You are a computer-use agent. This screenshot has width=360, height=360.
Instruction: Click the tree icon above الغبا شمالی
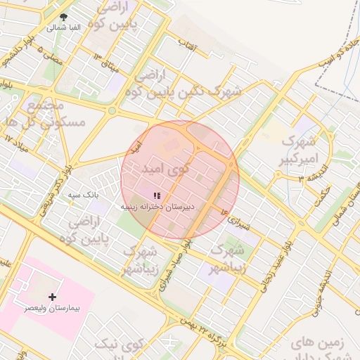(64, 17)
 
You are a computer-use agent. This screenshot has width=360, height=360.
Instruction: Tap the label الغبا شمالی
(64, 27)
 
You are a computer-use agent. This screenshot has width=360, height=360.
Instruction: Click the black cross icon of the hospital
(52, 297)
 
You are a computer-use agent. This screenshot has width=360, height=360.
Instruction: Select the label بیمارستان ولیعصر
(53, 308)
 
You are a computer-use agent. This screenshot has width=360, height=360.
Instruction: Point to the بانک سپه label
(82, 193)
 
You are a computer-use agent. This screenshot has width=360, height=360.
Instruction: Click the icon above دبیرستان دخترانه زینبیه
(157, 196)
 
